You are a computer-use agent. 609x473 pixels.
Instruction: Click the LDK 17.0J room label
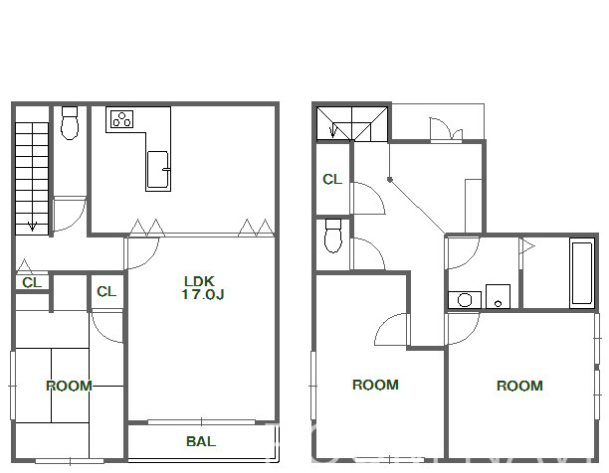point(203,288)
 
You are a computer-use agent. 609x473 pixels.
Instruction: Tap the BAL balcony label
point(201,441)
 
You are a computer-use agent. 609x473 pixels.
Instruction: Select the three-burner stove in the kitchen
point(121,119)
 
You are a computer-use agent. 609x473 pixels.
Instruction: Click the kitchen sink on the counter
point(157,170)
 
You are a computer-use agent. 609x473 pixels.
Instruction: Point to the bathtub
point(582,273)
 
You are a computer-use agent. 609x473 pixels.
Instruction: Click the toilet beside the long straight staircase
point(70,123)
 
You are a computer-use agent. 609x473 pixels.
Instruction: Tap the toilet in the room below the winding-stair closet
point(333,236)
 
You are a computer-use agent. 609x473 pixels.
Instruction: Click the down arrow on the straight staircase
point(32,226)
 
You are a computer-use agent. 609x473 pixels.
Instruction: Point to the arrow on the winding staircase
point(332,130)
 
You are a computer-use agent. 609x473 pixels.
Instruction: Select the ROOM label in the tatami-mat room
point(69,386)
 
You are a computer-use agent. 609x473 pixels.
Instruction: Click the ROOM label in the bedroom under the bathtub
point(519,386)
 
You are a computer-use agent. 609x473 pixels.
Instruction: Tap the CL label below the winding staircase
point(332,180)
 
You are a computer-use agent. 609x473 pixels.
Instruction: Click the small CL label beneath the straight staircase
point(32,282)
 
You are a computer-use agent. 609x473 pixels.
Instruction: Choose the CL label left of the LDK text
point(106,291)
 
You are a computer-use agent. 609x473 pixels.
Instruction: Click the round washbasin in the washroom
point(465,300)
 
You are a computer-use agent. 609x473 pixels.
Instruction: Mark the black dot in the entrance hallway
point(389,180)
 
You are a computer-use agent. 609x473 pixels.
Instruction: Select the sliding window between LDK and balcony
point(201,421)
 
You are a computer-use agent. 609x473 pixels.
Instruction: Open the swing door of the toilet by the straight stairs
point(69,214)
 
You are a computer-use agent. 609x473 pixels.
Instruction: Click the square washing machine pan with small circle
point(498,296)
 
